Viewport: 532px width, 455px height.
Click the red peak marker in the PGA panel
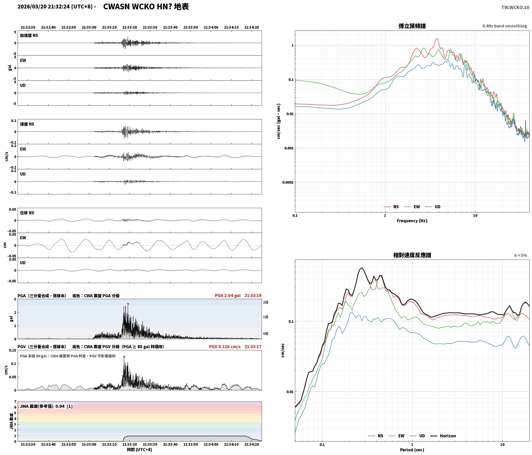(x=128, y=304)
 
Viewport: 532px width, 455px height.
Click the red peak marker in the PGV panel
(x=124, y=357)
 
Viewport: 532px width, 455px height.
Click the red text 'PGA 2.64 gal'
(x=227, y=295)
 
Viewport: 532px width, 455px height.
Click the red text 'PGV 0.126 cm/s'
(x=225, y=347)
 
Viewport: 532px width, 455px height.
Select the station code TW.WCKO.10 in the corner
(x=515, y=7)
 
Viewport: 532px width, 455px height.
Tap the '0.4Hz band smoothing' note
(x=505, y=26)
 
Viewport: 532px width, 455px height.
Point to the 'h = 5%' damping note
(x=520, y=255)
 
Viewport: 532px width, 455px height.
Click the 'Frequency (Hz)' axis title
(x=412, y=221)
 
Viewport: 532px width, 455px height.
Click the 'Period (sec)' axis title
(x=412, y=450)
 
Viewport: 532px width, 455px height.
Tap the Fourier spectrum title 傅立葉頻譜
(x=412, y=26)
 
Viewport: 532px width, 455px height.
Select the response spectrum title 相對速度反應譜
(x=412, y=255)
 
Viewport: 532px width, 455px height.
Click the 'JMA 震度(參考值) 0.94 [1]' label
(x=46, y=406)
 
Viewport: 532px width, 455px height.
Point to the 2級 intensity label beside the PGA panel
(x=266, y=302)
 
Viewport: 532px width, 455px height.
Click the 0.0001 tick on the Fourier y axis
(x=288, y=183)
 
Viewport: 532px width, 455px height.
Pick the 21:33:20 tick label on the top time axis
(x=130, y=27)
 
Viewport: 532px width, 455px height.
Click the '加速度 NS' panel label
(x=29, y=35)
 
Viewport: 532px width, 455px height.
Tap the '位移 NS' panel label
(x=27, y=213)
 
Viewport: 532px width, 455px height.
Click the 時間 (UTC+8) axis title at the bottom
(x=139, y=450)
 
